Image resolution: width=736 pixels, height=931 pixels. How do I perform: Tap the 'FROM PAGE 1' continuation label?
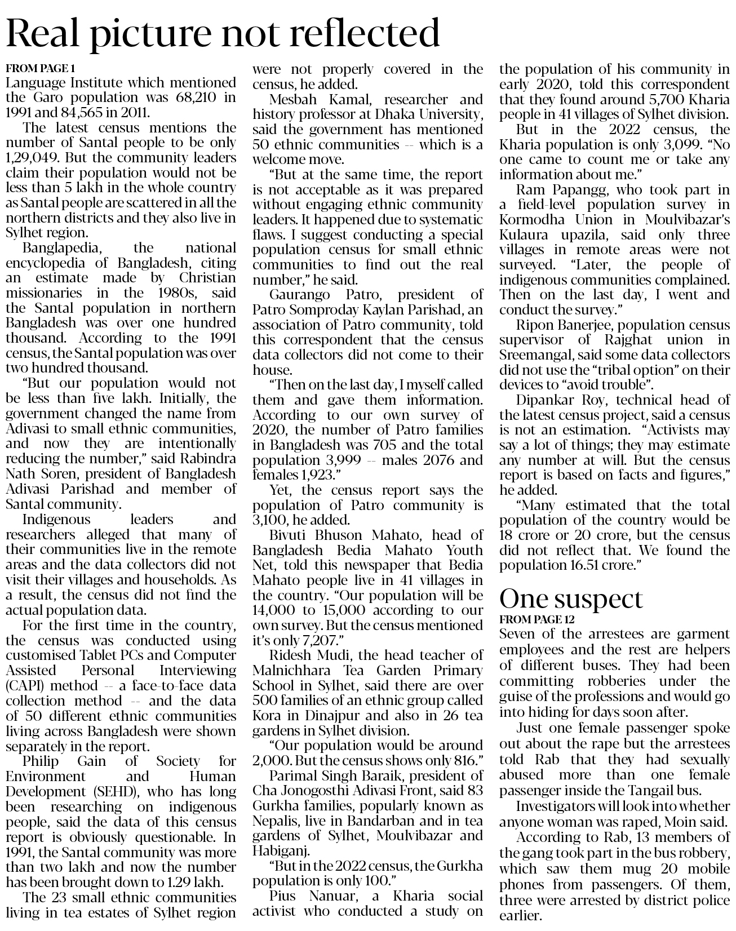pyautogui.click(x=40, y=69)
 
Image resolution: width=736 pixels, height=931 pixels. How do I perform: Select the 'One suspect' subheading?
pyautogui.click(x=571, y=598)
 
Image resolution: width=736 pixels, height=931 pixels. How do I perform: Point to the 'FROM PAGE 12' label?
pyautogui.click(x=537, y=619)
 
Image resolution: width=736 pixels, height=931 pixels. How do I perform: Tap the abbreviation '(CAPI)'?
pyautogui.click(x=24, y=686)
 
